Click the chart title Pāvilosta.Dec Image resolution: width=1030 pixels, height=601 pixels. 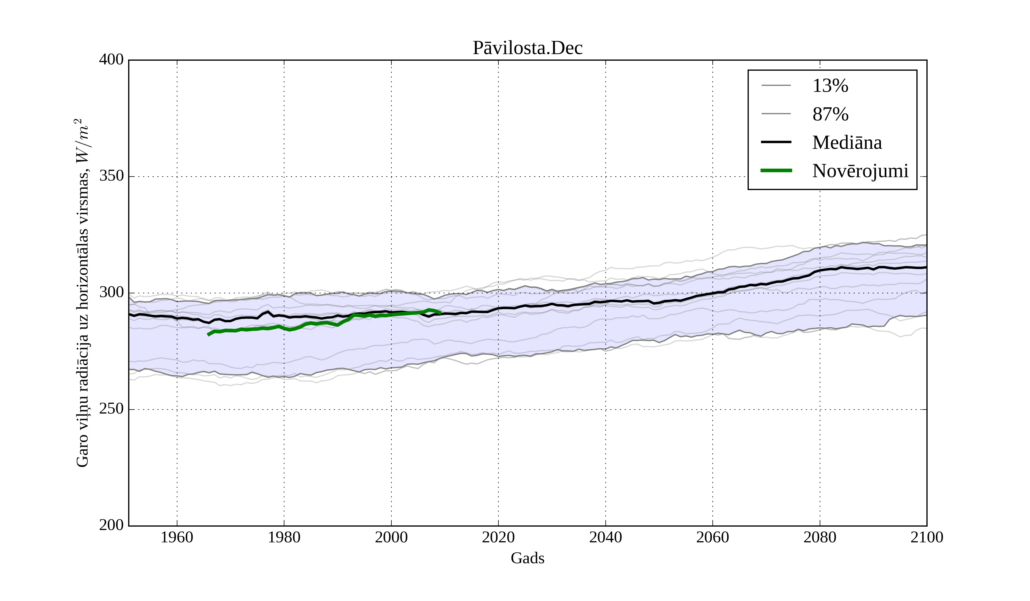pyautogui.click(x=527, y=48)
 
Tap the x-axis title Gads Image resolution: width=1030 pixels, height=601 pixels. pyautogui.click(x=527, y=558)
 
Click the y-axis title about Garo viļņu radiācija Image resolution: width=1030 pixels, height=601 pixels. pyautogui.click(x=82, y=293)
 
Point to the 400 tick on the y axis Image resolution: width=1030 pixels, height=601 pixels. pyautogui.click(x=111, y=60)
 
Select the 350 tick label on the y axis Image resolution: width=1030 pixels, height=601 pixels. pyautogui.click(x=111, y=176)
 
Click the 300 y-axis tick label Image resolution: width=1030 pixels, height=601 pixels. pyautogui.click(x=111, y=293)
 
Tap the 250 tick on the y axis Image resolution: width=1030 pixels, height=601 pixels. pyautogui.click(x=111, y=409)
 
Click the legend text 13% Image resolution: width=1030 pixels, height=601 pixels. pyautogui.click(x=830, y=86)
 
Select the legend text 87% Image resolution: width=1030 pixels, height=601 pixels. pyautogui.click(x=830, y=114)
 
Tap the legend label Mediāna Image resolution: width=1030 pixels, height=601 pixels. pyautogui.click(x=847, y=142)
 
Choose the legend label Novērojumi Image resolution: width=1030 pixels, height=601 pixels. pyautogui.click(x=860, y=171)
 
